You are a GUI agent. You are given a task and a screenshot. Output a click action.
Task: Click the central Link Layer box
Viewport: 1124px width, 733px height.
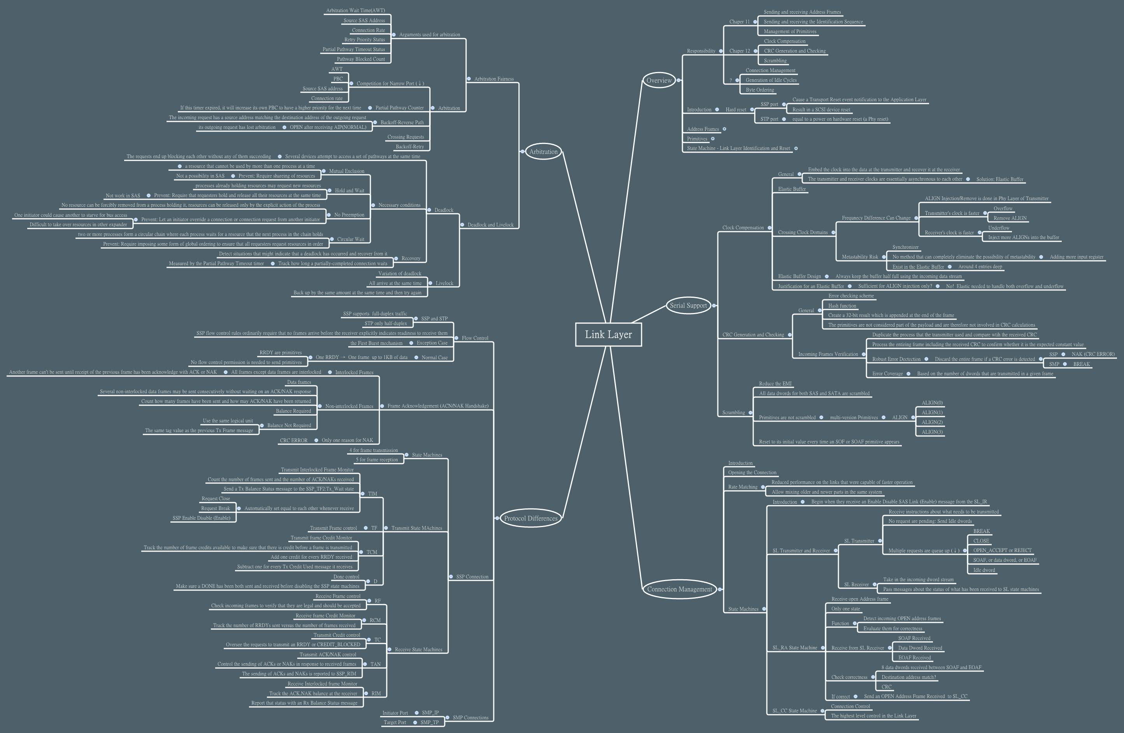coord(608,335)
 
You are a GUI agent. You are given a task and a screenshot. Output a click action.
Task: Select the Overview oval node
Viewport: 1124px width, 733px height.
coord(659,80)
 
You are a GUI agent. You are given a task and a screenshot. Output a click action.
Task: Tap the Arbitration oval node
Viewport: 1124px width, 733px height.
coord(543,152)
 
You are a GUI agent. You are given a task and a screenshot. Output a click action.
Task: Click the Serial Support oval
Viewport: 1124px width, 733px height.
coord(688,305)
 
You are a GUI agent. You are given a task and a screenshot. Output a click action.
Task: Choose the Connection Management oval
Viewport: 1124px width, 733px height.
coord(679,589)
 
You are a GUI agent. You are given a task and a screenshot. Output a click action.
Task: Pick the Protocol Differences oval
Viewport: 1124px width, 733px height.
coord(531,519)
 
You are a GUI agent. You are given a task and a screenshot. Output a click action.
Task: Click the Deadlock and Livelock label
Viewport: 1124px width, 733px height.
coord(490,225)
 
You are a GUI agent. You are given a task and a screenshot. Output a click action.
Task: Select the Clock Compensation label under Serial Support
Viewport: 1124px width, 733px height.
coord(743,228)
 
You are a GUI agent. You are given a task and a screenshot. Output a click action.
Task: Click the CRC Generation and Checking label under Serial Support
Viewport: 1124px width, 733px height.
coord(753,335)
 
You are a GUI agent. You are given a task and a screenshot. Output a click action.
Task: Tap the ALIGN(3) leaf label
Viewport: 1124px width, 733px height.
coord(932,432)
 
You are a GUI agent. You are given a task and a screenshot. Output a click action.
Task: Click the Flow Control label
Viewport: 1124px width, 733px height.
coord(475,338)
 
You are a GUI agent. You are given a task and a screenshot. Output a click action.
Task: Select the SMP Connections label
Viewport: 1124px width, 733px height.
coord(470,717)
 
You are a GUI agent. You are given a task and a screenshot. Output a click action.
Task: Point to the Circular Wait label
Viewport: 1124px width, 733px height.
coord(351,239)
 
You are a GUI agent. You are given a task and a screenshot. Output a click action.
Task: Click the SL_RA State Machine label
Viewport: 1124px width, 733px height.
coord(794,648)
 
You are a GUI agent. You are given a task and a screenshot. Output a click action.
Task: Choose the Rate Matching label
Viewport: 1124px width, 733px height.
coord(742,487)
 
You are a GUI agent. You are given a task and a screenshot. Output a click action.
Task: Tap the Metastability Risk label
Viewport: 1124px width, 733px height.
coord(859,257)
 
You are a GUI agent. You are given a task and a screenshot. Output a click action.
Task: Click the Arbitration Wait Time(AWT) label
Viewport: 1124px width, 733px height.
coord(355,11)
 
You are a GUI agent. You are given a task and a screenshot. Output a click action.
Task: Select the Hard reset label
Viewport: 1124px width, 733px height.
coord(736,110)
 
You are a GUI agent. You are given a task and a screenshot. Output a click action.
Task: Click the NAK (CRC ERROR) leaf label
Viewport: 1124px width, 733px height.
coord(1093,354)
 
